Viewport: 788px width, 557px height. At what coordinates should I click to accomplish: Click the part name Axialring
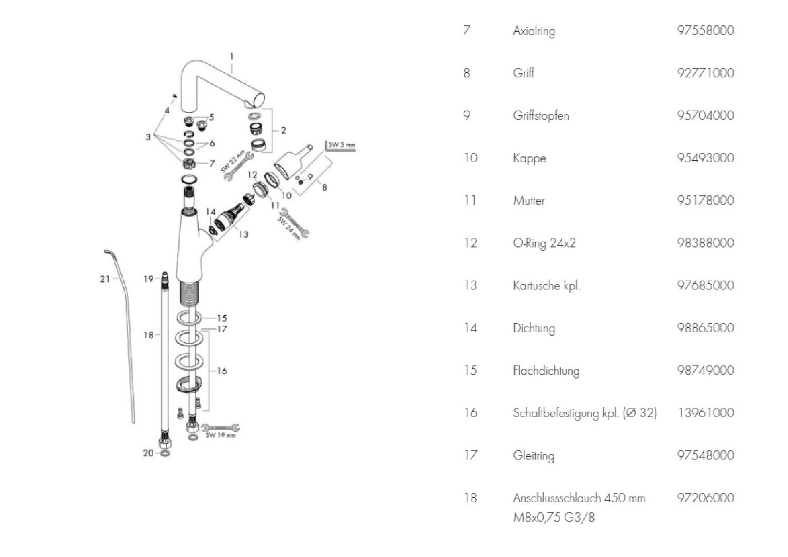pyautogui.click(x=534, y=31)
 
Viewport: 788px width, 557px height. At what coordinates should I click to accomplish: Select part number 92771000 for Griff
pyautogui.click(x=705, y=73)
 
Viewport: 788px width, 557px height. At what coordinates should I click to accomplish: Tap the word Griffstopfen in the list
pyautogui.click(x=541, y=116)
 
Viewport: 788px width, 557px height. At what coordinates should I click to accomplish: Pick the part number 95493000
pyautogui.click(x=705, y=158)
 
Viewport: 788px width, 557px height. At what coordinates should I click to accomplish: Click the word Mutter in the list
pyautogui.click(x=529, y=201)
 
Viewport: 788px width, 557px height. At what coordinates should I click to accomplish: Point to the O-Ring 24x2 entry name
pyautogui.click(x=544, y=243)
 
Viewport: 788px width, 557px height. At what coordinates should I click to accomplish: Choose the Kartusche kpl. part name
pyautogui.click(x=546, y=286)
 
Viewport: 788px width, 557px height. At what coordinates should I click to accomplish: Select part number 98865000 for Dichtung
pyautogui.click(x=705, y=328)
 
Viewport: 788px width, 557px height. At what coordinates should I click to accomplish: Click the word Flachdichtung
pyautogui.click(x=546, y=371)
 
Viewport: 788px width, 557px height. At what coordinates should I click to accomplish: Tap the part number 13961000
pyautogui.click(x=705, y=413)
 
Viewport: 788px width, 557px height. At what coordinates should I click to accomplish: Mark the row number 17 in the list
pyautogui.click(x=470, y=455)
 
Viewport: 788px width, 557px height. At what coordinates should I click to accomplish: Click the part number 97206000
pyautogui.click(x=705, y=498)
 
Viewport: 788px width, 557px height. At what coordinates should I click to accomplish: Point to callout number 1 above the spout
pyautogui.click(x=232, y=56)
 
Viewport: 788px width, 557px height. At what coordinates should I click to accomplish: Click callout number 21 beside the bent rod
pyautogui.click(x=105, y=278)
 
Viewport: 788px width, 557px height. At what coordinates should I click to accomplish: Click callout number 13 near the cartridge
pyautogui.click(x=243, y=234)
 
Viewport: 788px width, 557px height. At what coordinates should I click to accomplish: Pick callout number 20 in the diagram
pyautogui.click(x=148, y=453)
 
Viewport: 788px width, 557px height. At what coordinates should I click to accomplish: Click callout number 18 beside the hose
pyautogui.click(x=148, y=335)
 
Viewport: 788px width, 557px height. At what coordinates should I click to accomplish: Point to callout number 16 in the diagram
pyautogui.click(x=222, y=371)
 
